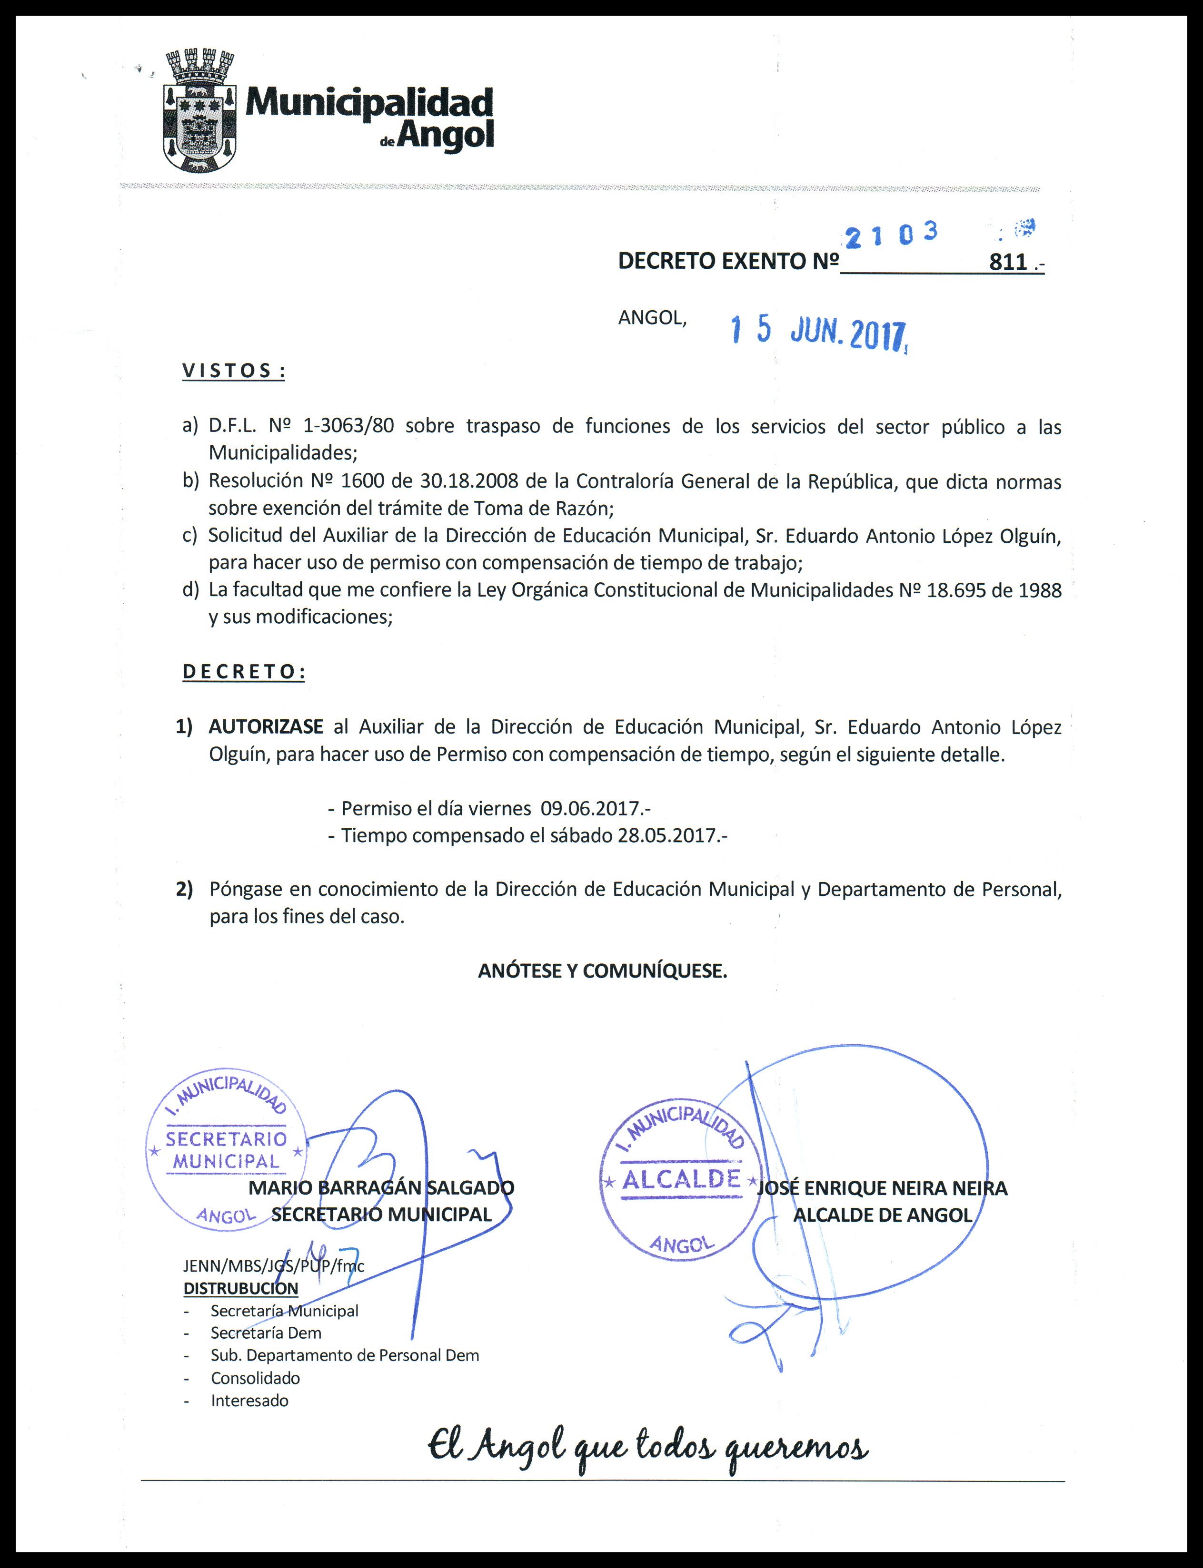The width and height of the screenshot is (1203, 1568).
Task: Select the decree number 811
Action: (x=1008, y=262)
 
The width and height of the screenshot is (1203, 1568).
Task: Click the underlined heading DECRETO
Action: (x=243, y=672)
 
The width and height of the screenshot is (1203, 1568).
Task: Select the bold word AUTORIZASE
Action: (x=266, y=727)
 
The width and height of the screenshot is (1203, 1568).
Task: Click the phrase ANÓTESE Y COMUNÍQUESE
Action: (x=602, y=971)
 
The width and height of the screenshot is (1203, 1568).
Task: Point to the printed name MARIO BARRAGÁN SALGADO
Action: (x=381, y=1188)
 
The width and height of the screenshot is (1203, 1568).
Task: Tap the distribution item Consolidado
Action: (x=255, y=1378)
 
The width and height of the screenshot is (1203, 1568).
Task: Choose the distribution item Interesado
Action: (x=249, y=1401)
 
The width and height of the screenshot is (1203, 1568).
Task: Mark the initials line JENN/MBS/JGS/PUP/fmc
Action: (x=274, y=1265)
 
